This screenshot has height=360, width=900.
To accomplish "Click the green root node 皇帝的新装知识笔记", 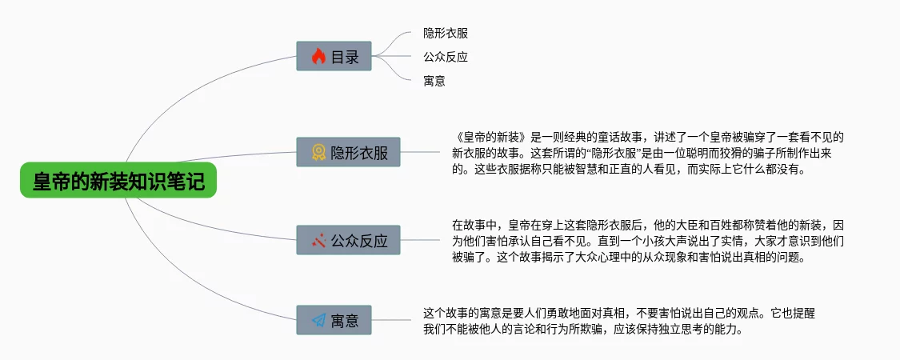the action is tap(118, 182).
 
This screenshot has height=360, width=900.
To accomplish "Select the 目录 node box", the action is tap(334, 57).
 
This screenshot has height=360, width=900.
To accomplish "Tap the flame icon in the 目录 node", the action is tap(318, 57).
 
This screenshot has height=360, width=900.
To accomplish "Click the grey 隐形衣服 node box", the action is tap(348, 152).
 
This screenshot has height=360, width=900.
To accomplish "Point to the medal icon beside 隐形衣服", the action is tap(318, 152).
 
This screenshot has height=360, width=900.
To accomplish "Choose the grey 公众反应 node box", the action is tap(348, 240).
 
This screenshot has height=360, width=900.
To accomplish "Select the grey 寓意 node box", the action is tap(334, 321).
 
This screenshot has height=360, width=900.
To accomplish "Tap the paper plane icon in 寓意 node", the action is tap(318, 321).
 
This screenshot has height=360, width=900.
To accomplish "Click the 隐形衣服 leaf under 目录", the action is tap(445, 34).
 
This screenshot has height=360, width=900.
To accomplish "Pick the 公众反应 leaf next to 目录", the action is tap(445, 57).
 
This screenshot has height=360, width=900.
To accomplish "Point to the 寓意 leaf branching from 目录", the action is tap(434, 80).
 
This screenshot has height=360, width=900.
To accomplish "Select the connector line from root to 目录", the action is tap(200, 88).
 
